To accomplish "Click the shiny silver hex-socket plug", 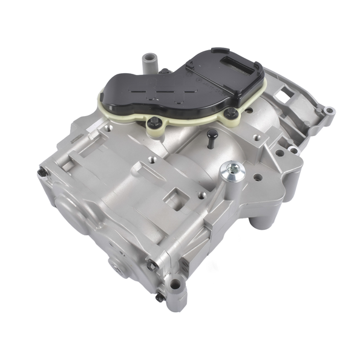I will [231, 172].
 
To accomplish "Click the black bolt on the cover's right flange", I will [231, 114].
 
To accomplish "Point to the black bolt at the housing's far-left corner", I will [41, 173].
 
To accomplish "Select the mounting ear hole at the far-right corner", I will [329, 112].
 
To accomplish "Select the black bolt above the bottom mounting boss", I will [152, 265].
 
